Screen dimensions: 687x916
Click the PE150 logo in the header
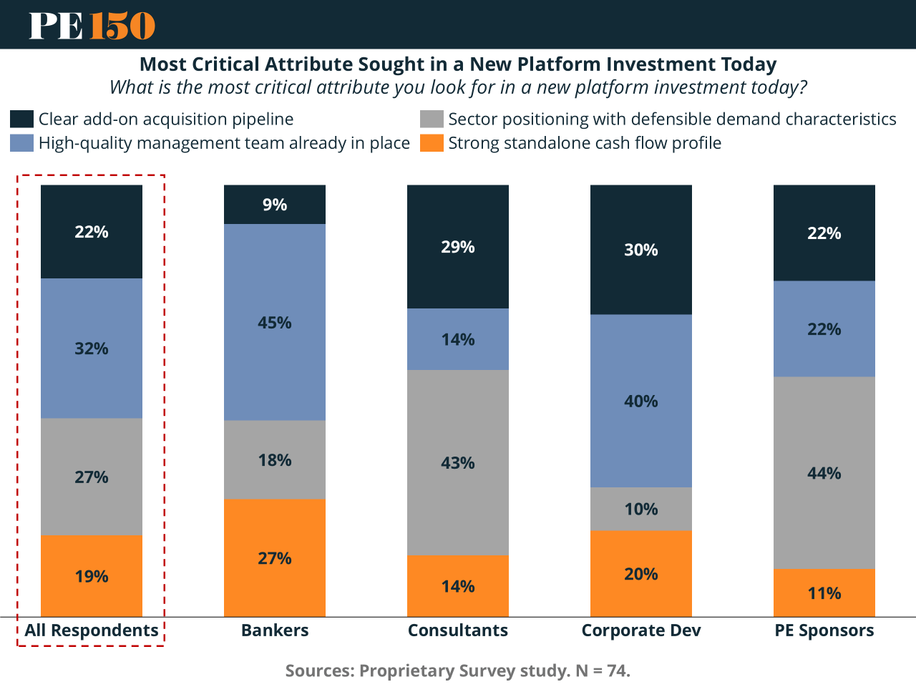click(x=92, y=25)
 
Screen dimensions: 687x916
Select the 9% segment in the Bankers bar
click(x=275, y=205)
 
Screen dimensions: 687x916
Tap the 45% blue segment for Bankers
click(x=275, y=322)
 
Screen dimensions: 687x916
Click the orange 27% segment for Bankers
click(x=275, y=557)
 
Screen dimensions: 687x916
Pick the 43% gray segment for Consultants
click(x=458, y=462)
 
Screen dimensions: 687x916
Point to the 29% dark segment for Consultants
click(x=458, y=247)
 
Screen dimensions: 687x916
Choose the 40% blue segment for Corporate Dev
click(x=641, y=401)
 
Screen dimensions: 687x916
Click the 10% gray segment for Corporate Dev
click(x=641, y=509)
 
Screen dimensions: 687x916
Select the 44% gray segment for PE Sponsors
click(x=824, y=472)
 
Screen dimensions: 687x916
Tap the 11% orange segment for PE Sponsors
click(x=824, y=593)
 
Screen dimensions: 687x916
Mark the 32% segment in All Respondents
click(x=92, y=349)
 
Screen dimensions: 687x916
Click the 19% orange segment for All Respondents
click(x=92, y=575)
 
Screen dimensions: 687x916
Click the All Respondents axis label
click(x=92, y=630)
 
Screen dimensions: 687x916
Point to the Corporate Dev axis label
click(x=641, y=630)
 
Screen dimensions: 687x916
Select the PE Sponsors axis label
click(x=824, y=630)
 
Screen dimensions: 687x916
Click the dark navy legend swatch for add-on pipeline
click(x=22, y=119)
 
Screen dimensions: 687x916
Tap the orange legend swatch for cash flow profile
click(x=432, y=143)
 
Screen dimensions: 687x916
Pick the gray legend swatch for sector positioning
click(x=432, y=119)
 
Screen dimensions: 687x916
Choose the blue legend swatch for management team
click(x=22, y=143)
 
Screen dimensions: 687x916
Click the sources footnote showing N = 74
click(x=458, y=671)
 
